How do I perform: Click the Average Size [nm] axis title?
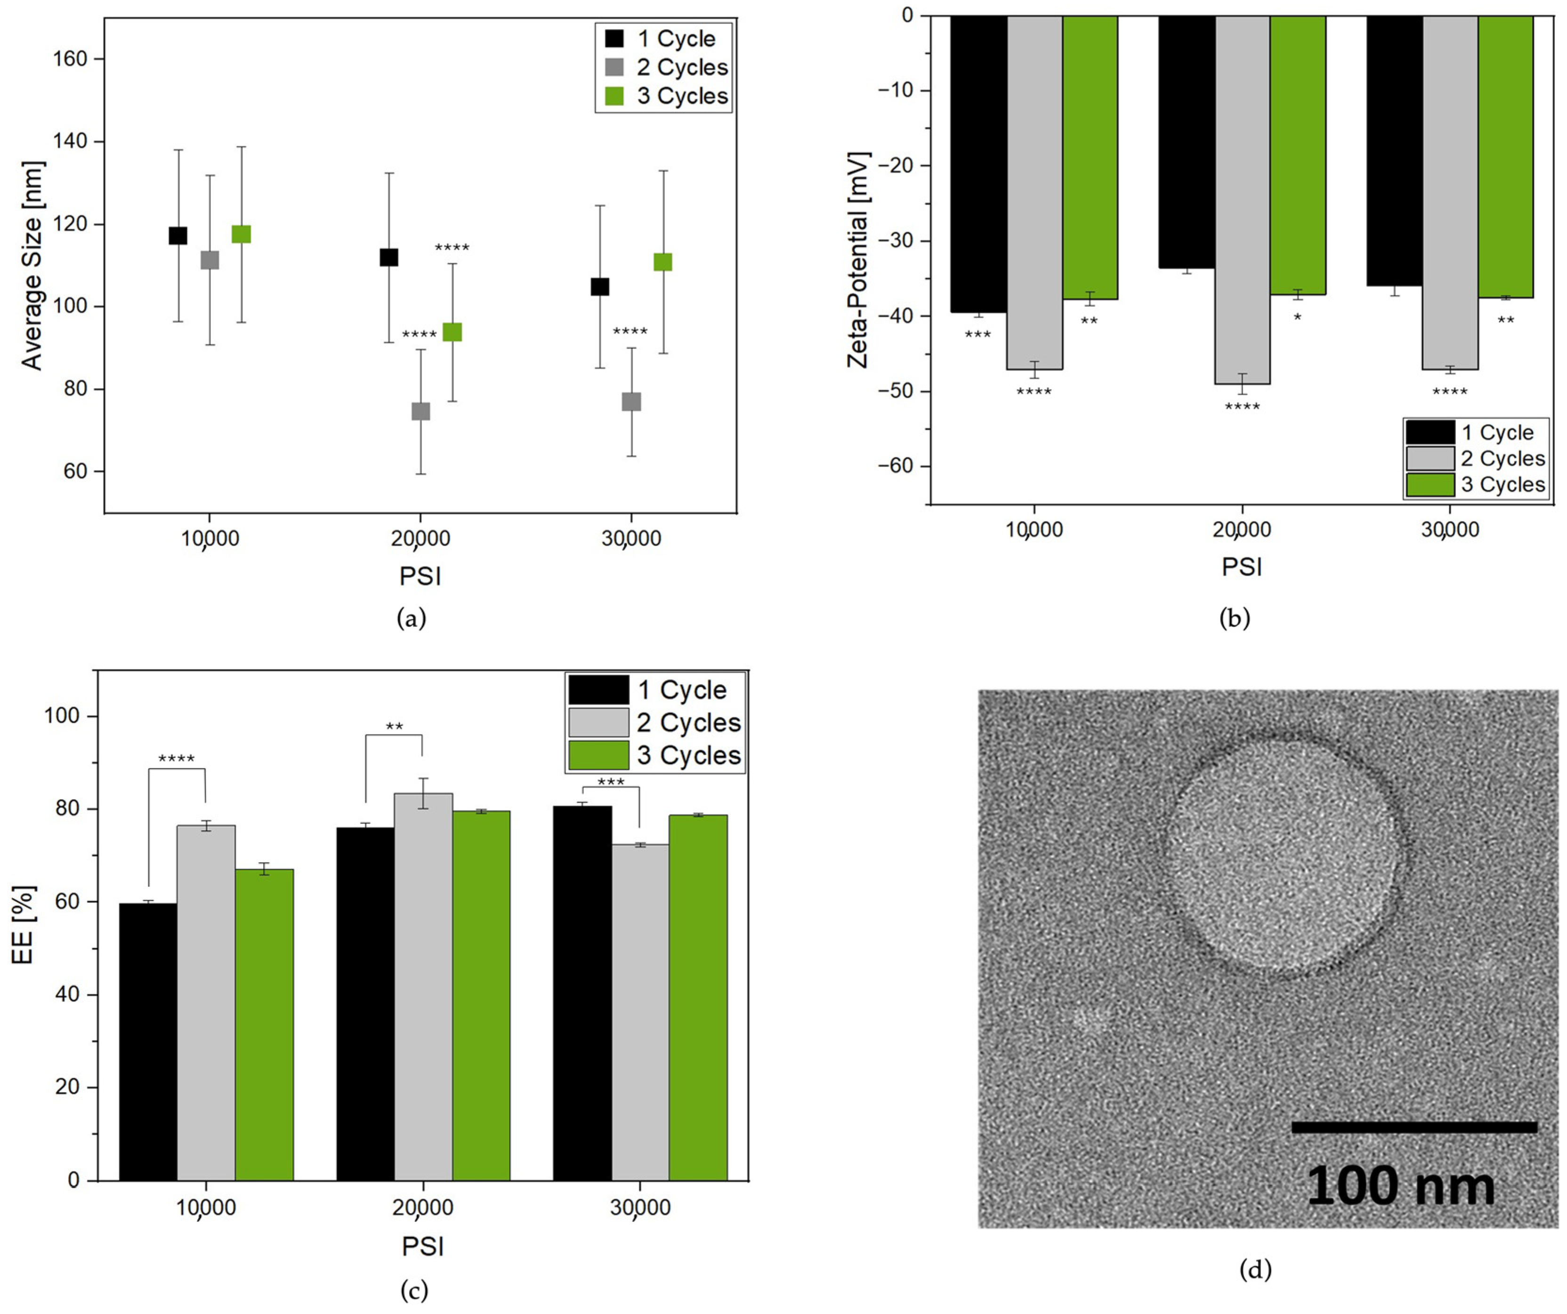[32, 266]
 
